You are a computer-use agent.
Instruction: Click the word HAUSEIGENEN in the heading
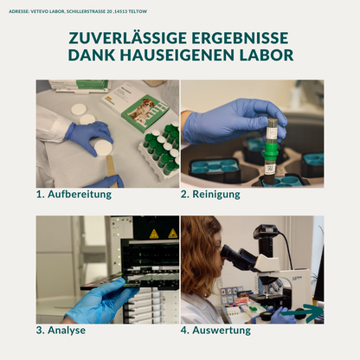(172, 56)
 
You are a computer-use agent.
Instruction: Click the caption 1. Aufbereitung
(74, 194)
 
